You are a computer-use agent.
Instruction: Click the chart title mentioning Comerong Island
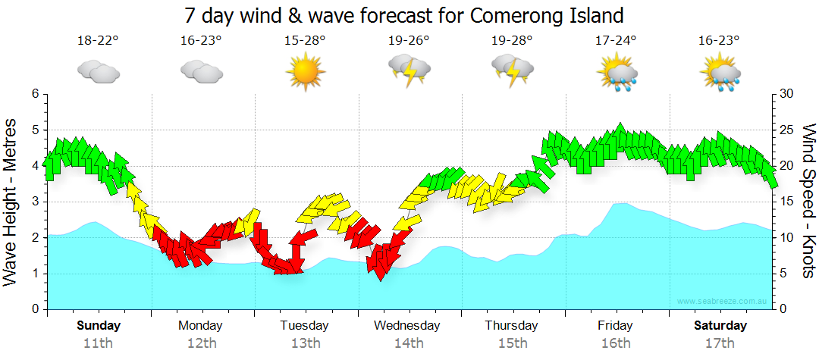pyautogui.click(x=404, y=15)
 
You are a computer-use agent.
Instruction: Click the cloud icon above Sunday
pyautogui.click(x=98, y=71)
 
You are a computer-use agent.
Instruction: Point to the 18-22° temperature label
pyautogui.click(x=98, y=41)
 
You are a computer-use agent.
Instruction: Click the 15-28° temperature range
pyautogui.click(x=305, y=41)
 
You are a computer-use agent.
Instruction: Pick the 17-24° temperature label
pyautogui.click(x=616, y=41)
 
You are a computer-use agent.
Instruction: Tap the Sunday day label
pyautogui.click(x=98, y=326)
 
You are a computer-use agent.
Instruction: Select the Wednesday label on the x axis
pyautogui.click(x=406, y=326)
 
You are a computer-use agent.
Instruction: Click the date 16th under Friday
pyautogui.click(x=616, y=343)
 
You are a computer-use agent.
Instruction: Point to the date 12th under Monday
pyautogui.click(x=201, y=343)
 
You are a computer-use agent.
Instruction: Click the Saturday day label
pyautogui.click(x=720, y=326)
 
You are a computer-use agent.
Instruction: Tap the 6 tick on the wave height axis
pyautogui.click(x=34, y=94)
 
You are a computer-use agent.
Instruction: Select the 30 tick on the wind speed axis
pyautogui.click(x=787, y=94)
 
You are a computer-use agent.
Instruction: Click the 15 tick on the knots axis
pyautogui.click(x=787, y=202)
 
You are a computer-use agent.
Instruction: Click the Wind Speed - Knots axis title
pyautogui.click(x=808, y=202)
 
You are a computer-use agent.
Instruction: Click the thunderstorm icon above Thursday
pyautogui.click(x=513, y=70)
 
